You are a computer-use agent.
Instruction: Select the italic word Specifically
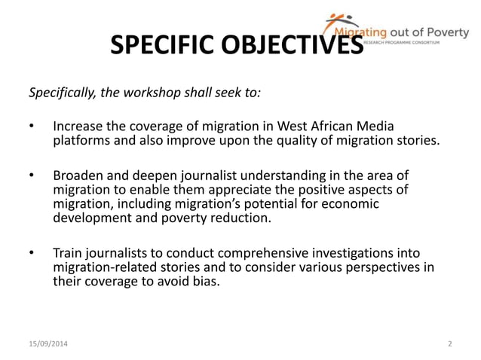point(65,93)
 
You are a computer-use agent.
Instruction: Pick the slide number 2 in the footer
point(449,344)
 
